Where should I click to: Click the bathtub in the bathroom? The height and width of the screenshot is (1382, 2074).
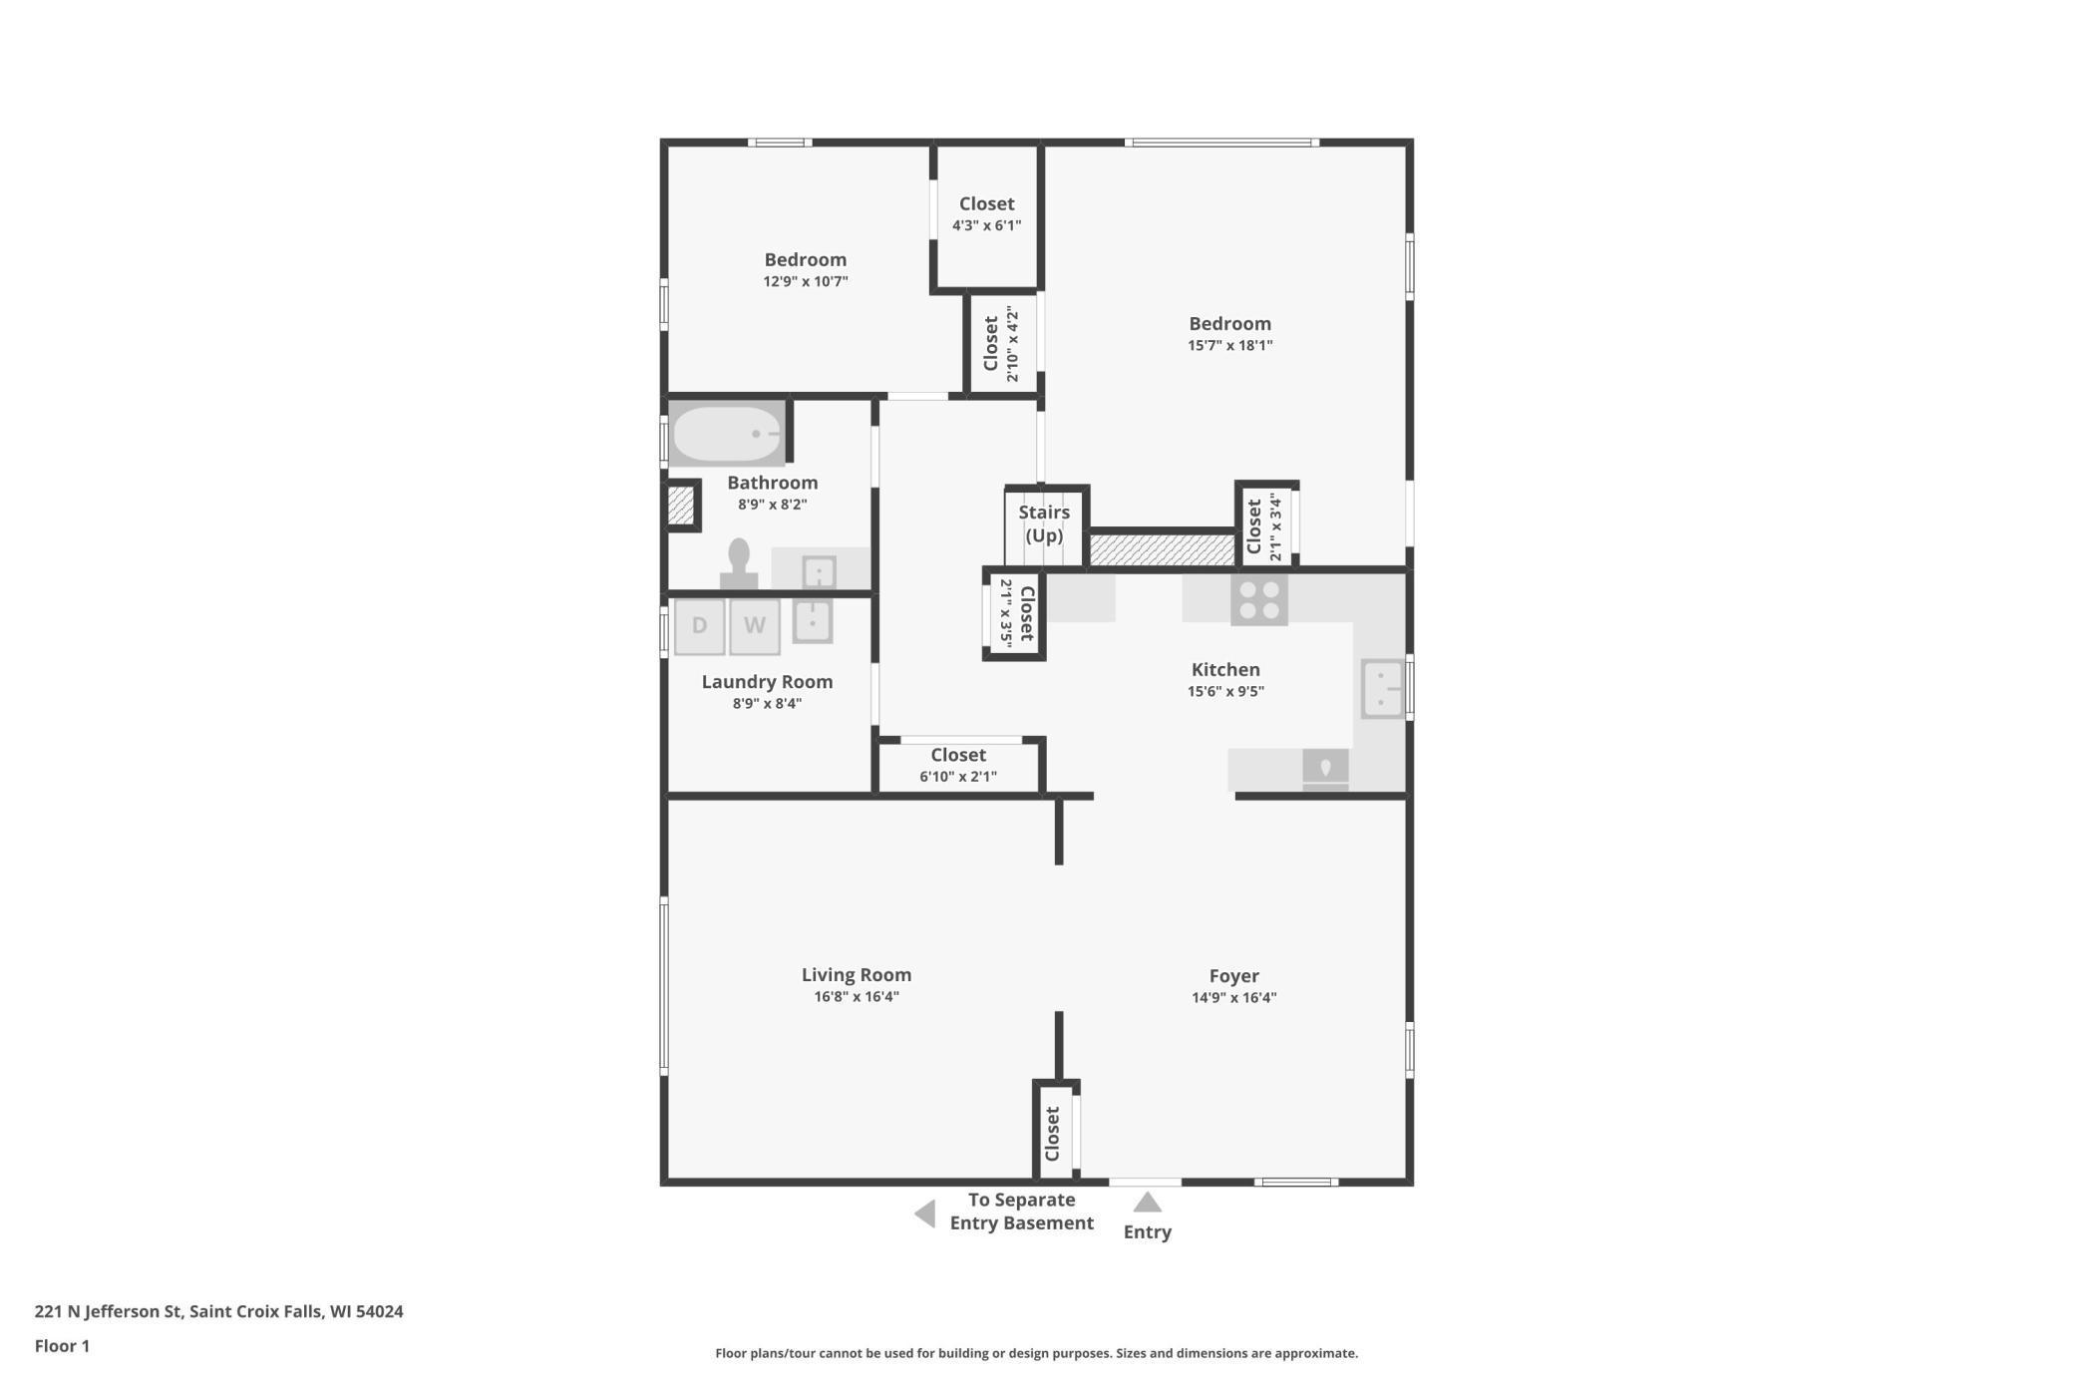(727, 434)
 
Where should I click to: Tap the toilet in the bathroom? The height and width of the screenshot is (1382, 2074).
(739, 563)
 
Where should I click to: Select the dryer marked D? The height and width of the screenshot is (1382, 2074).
(699, 626)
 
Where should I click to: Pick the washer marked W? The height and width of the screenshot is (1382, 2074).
(755, 626)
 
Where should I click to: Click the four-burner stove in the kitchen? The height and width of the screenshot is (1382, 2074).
(1259, 599)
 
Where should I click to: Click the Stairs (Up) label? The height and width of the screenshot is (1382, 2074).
(1044, 523)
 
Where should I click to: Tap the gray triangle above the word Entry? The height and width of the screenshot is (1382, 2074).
(1148, 1202)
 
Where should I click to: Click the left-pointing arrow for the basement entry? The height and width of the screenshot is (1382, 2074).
(925, 1213)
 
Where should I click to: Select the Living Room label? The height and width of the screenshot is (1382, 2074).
(857, 974)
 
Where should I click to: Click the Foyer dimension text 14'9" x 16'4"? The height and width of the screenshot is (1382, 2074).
(1234, 997)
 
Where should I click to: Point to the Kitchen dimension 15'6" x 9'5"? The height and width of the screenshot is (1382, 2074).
(1225, 691)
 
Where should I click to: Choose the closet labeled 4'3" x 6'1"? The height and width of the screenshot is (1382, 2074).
(987, 214)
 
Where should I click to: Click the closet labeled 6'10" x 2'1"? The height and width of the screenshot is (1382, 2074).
(958, 766)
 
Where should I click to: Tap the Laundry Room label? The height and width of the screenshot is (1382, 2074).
(767, 682)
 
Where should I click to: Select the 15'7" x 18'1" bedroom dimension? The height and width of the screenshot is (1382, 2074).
(1230, 345)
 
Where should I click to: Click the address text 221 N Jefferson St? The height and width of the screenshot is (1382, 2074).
(109, 1311)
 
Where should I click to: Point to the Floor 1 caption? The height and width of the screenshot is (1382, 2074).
(62, 1346)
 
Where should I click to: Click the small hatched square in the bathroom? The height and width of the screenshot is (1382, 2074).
(681, 506)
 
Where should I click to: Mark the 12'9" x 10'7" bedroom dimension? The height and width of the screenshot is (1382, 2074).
(806, 281)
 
